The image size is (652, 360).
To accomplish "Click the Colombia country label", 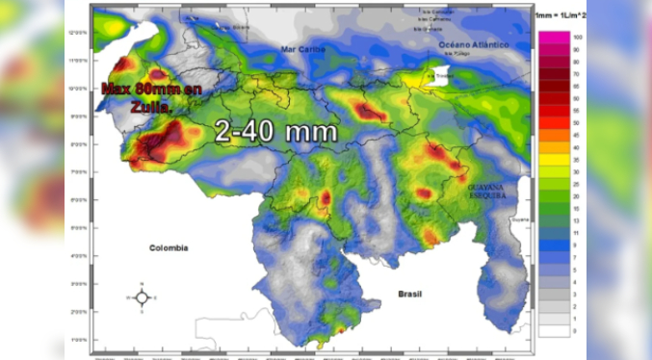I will click(x=169, y=247).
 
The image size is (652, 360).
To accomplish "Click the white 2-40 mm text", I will click(x=276, y=132).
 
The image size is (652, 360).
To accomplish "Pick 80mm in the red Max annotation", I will click(x=156, y=90).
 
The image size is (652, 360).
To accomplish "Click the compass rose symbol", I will click(x=142, y=297).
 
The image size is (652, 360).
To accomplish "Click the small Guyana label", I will click(x=520, y=219).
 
